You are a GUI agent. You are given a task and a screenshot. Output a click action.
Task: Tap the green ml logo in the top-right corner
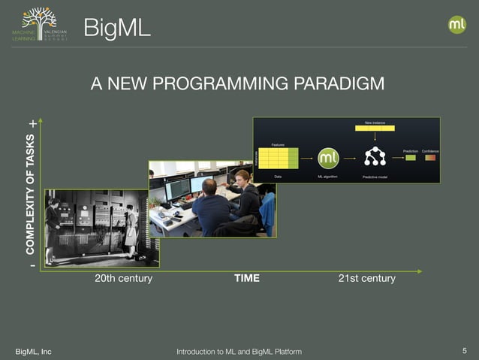[457, 25]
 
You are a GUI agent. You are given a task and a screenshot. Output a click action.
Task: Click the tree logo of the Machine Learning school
[39, 20]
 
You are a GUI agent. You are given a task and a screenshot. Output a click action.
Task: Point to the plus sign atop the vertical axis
[32, 123]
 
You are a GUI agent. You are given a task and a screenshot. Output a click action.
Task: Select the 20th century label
[124, 278]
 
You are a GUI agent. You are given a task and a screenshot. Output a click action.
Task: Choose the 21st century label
[366, 278]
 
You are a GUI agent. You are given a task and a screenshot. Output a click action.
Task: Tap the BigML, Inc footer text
[34, 351]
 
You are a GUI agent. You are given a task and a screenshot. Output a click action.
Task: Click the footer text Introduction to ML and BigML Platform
[239, 351]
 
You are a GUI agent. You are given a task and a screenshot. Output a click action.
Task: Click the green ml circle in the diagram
[329, 158]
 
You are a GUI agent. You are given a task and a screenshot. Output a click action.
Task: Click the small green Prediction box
[411, 157]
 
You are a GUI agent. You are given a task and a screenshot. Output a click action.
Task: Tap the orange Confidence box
[429, 157]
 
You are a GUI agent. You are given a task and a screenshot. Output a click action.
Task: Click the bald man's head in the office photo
[211, 185]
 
